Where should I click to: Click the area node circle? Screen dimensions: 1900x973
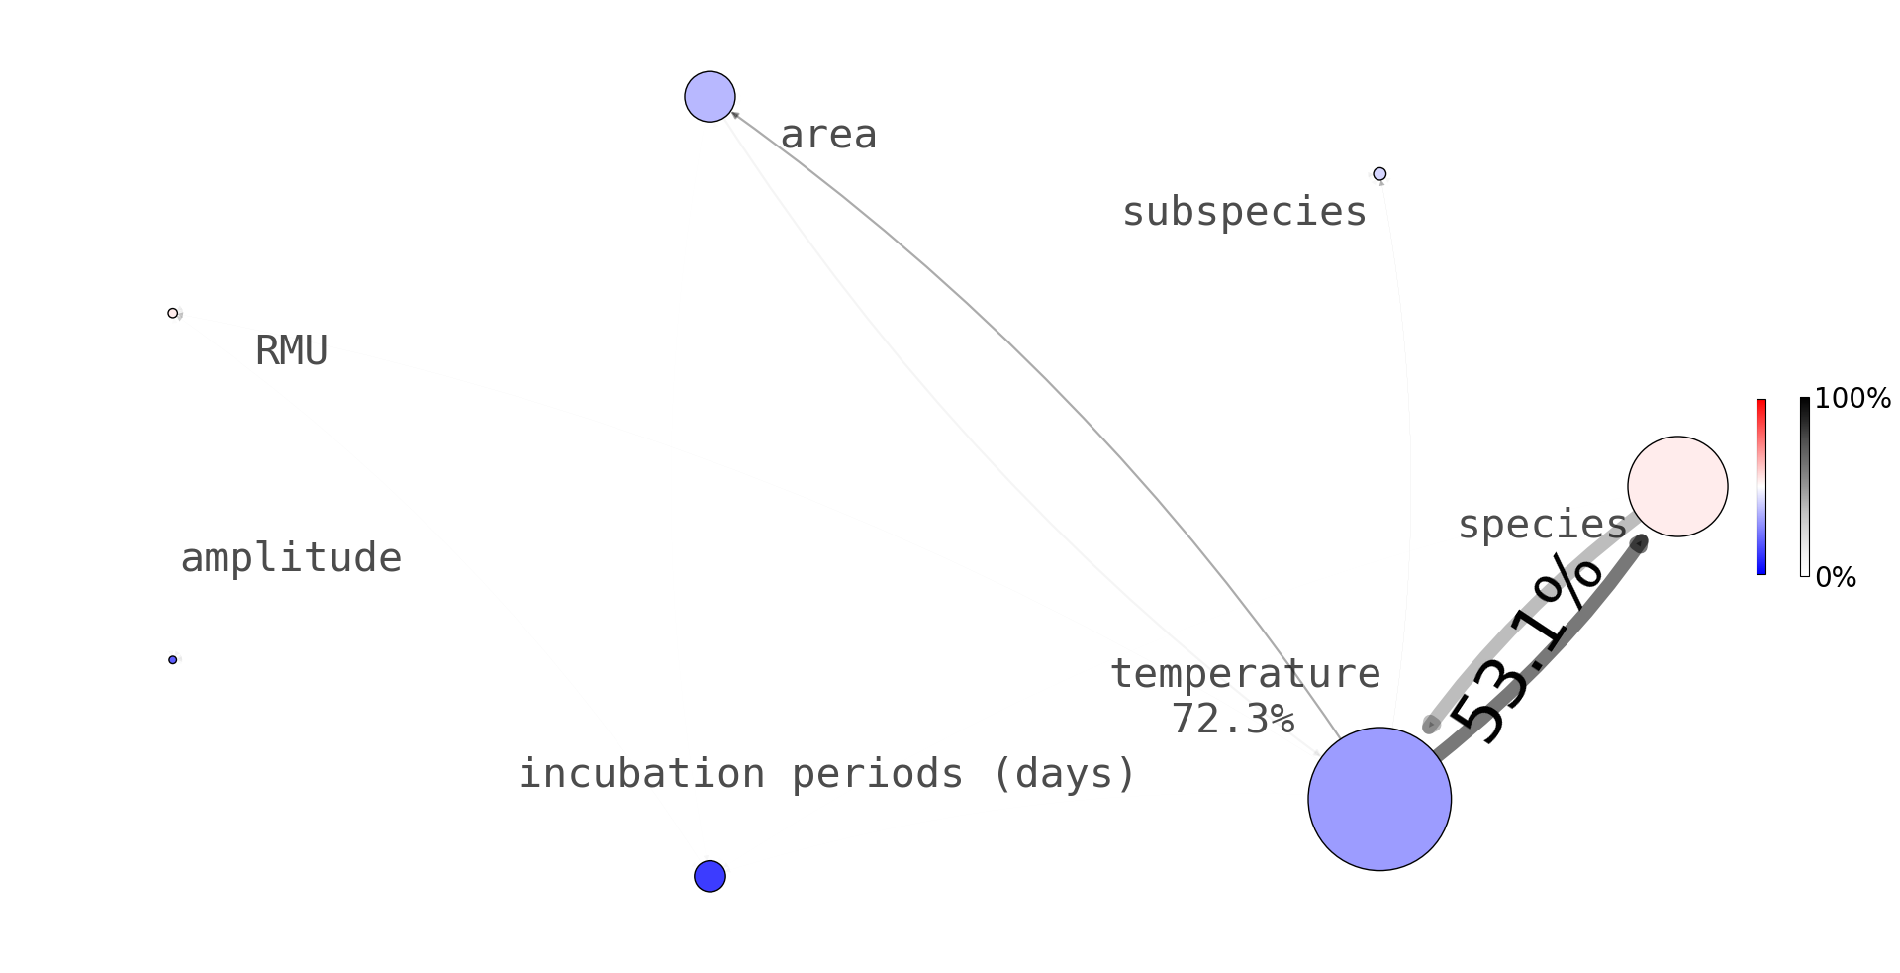click(x=710, y=97)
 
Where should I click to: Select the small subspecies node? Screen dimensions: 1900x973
click(x=1379, y=174)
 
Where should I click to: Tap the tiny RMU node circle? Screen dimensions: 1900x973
click(x=173, y=314)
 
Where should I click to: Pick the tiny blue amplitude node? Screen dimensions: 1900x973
click(x=173, y=660)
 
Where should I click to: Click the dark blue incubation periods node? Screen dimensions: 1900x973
click(x=710, y=876)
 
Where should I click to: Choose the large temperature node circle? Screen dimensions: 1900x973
click(x=1379, y=800)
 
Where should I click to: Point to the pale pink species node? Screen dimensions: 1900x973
click(x=1677, y=487)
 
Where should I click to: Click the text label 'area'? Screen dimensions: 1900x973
click(x=828, y=135)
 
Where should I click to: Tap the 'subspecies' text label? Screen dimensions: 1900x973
click(x=1244, y=212)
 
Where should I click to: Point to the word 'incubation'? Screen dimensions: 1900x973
click(x=642, y=774)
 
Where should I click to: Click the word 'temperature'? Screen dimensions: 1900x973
click(x=1245, y=674)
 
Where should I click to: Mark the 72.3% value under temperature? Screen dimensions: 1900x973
click(x=1232, y=720)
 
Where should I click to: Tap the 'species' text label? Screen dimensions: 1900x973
click(x=1542, y=525)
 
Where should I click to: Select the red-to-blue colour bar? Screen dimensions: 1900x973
click(x=1761, y=487)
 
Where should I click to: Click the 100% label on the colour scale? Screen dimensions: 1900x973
click(x=1852, y=399)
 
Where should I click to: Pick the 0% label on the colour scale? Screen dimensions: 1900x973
click(x=1836, y=578)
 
